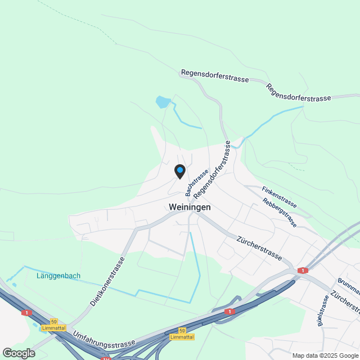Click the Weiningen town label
coord(190,207)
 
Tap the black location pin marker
coord(179,172)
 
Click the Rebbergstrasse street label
coord(280,212)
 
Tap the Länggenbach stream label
coord(58,276)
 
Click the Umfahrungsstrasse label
coord(104,338)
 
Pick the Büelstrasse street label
coord(322,310)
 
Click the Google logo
coord(19,353)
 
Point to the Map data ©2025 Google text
coord(325,355)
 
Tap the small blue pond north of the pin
coord(163,102)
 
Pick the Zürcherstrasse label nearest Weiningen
coord(259,248)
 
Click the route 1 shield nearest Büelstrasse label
coord(304,271)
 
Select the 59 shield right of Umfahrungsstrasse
coord(182,330)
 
